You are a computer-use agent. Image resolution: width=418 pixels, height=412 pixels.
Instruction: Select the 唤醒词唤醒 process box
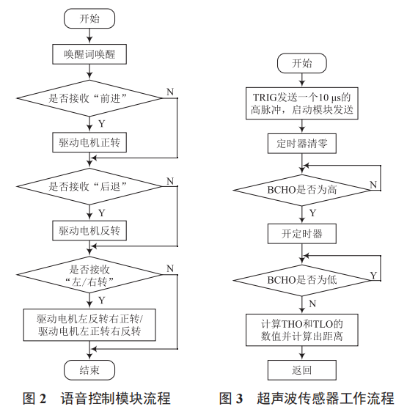tap(89, 54)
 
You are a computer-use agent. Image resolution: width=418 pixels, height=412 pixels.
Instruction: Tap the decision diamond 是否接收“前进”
tap(89, 98)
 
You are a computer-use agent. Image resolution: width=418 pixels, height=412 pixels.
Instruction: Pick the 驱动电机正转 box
tap(89, 142)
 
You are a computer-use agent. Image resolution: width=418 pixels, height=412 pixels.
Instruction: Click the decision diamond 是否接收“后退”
tap(89, 186)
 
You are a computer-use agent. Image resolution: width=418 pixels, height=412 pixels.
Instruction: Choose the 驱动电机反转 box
tap(89, 231)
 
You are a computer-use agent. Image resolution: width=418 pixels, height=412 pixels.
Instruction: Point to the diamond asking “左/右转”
tap(89, 275)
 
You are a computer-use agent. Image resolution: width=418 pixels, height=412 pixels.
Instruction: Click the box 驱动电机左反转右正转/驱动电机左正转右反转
tap(89, 324)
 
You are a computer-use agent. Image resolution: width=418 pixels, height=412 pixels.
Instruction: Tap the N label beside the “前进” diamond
tap(170, 92)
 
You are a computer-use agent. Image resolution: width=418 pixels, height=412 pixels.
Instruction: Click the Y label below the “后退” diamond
tap(101, 212)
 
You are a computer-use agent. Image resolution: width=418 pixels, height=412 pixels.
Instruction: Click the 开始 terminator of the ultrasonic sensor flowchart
tap(301, 63)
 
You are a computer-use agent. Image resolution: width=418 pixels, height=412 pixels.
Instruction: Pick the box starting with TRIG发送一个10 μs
tap(301, 103)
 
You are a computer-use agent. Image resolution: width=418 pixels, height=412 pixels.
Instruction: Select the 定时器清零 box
tap(301, 144)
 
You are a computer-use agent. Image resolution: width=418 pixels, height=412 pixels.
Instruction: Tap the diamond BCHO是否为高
tap(301, 189)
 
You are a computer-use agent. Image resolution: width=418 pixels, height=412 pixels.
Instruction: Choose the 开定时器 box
tap(301, 235)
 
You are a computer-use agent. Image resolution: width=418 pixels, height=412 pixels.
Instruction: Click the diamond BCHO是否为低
tap(301, 279)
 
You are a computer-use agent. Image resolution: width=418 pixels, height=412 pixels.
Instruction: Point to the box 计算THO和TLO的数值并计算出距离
tap(301, 330)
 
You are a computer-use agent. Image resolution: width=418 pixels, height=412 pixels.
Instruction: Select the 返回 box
tap(301, 370)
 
